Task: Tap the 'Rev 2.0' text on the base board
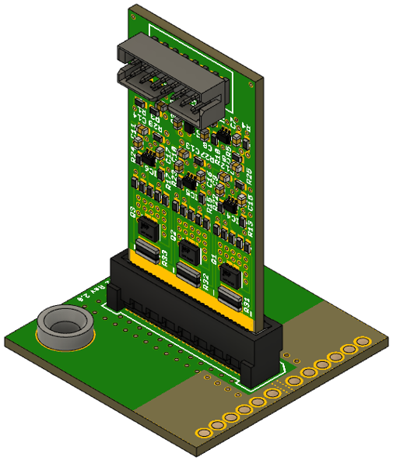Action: point(88,295)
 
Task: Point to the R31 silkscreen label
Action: point(247,304)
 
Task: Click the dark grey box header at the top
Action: point(173,79)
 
